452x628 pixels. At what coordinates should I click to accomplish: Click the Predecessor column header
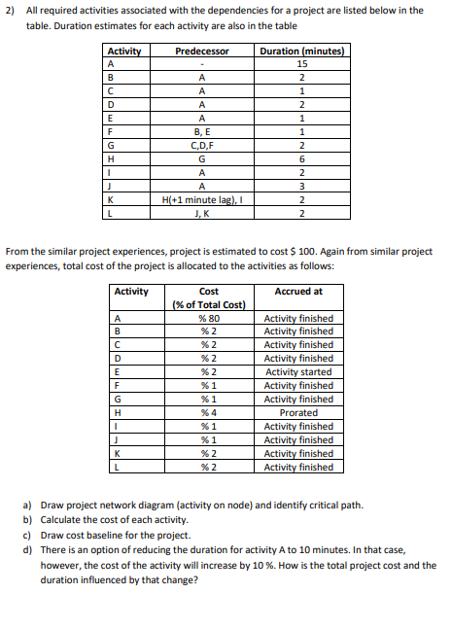point(202,51)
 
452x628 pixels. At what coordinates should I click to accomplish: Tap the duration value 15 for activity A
point(302,64)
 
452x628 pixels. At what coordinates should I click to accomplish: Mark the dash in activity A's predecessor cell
point(202,64)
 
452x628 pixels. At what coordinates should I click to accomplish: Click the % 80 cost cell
point(209,318)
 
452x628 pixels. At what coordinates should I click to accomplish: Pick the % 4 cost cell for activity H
point(209,412)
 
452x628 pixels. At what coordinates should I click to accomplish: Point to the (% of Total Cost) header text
point(209,304)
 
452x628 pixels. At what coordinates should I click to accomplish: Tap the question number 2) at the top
point(12,10)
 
